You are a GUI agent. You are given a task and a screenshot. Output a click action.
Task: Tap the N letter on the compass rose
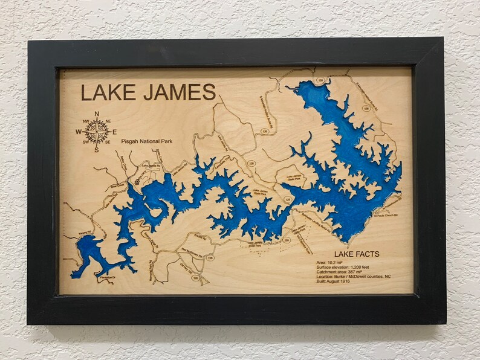click(x=96, y=113)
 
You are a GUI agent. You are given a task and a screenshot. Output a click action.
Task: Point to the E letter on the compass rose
click(x=114, y=131)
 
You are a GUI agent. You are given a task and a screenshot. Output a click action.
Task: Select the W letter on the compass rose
click(x=78, y=132)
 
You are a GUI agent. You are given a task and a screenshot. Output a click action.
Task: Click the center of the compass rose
click(x=96, y=131)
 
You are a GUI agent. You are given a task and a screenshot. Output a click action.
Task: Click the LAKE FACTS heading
click(x=357, y=254)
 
